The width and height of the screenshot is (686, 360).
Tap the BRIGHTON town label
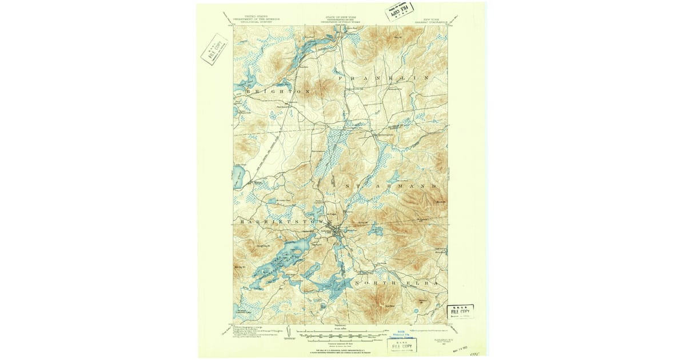point(278,91)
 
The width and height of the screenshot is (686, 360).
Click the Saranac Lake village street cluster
point(341,232)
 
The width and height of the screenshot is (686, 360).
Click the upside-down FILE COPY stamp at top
point(400,11)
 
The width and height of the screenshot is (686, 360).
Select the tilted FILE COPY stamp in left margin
point(214,50)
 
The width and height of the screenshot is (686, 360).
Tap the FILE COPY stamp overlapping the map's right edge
point(460,312)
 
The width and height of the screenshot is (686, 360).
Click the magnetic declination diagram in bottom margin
point(290,333)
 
